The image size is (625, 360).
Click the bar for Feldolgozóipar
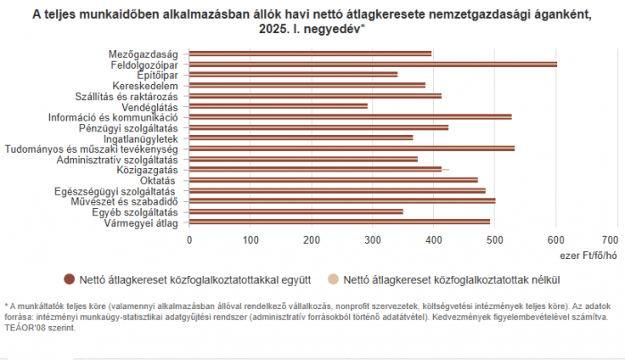[372, 64]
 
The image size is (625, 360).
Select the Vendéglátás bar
[278, 106]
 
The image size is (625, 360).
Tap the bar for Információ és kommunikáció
[350, 117]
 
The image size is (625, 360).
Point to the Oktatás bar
[333, 180]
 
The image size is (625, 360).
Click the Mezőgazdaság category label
[149, 54]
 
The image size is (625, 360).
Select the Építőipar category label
[161, 75]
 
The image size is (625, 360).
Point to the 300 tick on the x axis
[372, 240]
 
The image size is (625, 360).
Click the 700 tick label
[611, 240]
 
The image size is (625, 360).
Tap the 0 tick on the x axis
[189, 240]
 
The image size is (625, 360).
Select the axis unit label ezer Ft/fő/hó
[590, 254]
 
